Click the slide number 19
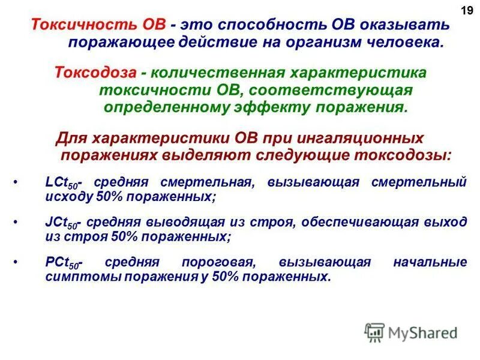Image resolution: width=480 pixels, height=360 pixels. pyautogui.click(x=466, y=10)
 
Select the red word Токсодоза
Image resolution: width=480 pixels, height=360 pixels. pyautogui.click(x=97, y=73)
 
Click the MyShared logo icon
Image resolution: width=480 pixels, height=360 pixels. pyautogui.click(x=374, y=332)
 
